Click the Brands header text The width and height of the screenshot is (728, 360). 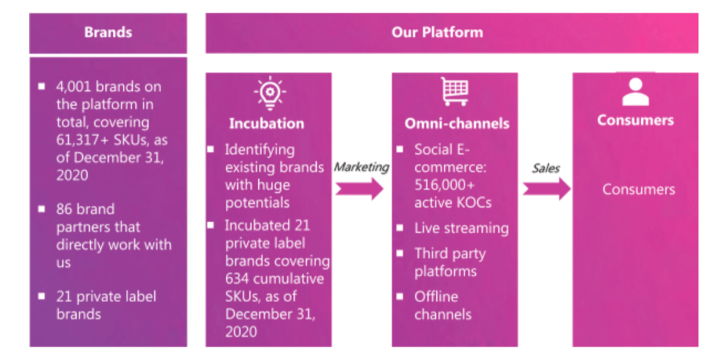click(x=108, y=32)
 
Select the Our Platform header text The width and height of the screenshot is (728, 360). click(x=437, y=32)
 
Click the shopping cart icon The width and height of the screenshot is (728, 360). click(x=454, y=91)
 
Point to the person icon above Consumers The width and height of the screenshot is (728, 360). click(x=635, y=92)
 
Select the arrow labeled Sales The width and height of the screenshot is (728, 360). click(x=546, y=189)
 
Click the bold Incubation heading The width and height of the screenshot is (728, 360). click(x=266, y=123)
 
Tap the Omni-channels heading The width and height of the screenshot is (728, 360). click(x=457, y=123)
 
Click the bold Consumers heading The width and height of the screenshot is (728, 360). click(x=635, y=120)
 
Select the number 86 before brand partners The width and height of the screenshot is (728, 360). click(x=65, y=209)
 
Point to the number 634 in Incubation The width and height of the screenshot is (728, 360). click(x=237, y=278)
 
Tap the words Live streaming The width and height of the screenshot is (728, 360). click(x=461, y=228)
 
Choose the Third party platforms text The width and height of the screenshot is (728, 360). click(x=449, y=262)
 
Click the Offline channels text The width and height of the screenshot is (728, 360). click(x=443, y=305)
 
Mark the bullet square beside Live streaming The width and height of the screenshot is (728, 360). click(x=400, y=228)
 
